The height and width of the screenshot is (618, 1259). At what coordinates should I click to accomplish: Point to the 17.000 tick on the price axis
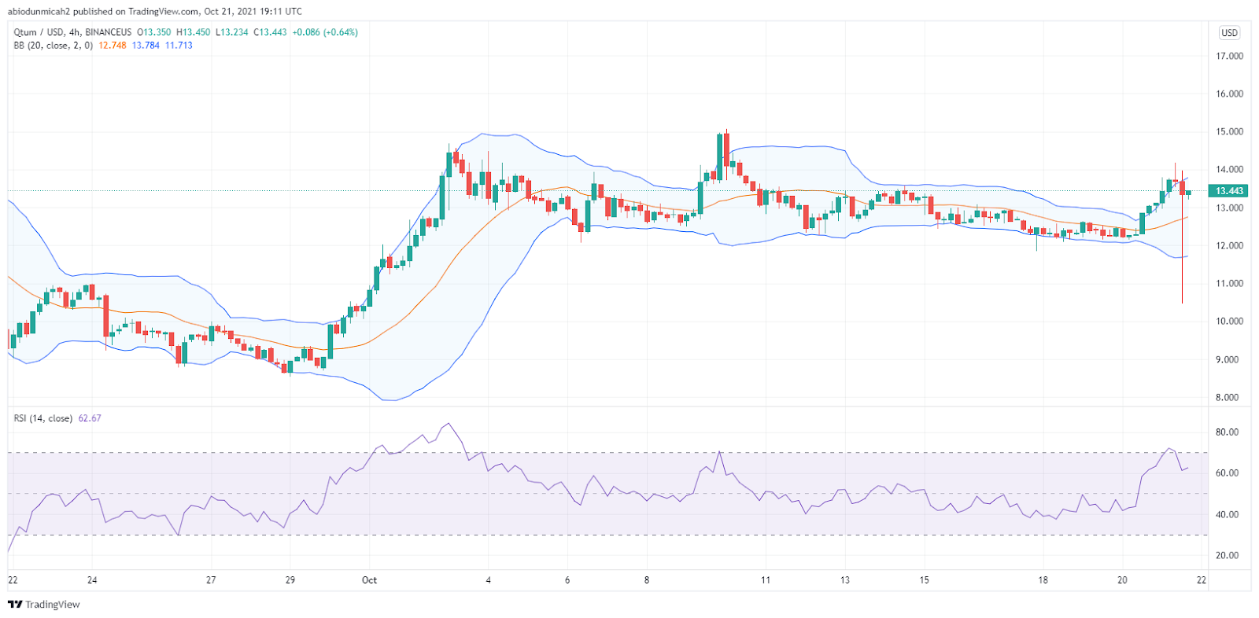click(1229, 56)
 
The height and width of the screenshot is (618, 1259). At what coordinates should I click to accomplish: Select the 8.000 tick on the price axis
click(1229, 397)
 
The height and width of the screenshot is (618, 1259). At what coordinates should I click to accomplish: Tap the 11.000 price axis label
click(1229, 283)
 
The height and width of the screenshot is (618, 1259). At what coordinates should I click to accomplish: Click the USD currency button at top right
click(1229, 33)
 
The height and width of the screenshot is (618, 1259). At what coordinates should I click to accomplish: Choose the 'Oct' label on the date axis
click(369, 580)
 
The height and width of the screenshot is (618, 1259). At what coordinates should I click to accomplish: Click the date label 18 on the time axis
click(1043, 580)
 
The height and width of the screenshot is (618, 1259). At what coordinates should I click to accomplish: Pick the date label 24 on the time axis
click(92, 580)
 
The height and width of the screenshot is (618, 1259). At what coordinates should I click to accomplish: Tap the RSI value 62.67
click(90, 418)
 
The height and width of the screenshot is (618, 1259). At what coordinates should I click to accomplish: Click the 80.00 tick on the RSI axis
click(1227, 432)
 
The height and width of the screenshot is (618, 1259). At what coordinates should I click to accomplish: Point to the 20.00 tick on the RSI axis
click(1227, 555)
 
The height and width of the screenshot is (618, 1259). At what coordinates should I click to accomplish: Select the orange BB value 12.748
click(113, 46)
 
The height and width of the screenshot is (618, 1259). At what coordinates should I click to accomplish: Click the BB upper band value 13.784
click(146, 46)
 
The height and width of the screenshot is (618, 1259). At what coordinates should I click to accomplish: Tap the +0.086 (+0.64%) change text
click(325, 32)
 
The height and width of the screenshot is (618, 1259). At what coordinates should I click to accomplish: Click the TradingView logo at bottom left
click(44, 605)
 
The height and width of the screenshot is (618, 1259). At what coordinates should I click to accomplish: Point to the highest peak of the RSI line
click(448, 424)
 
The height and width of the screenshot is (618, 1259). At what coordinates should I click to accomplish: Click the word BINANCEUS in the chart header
click(109, 32)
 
